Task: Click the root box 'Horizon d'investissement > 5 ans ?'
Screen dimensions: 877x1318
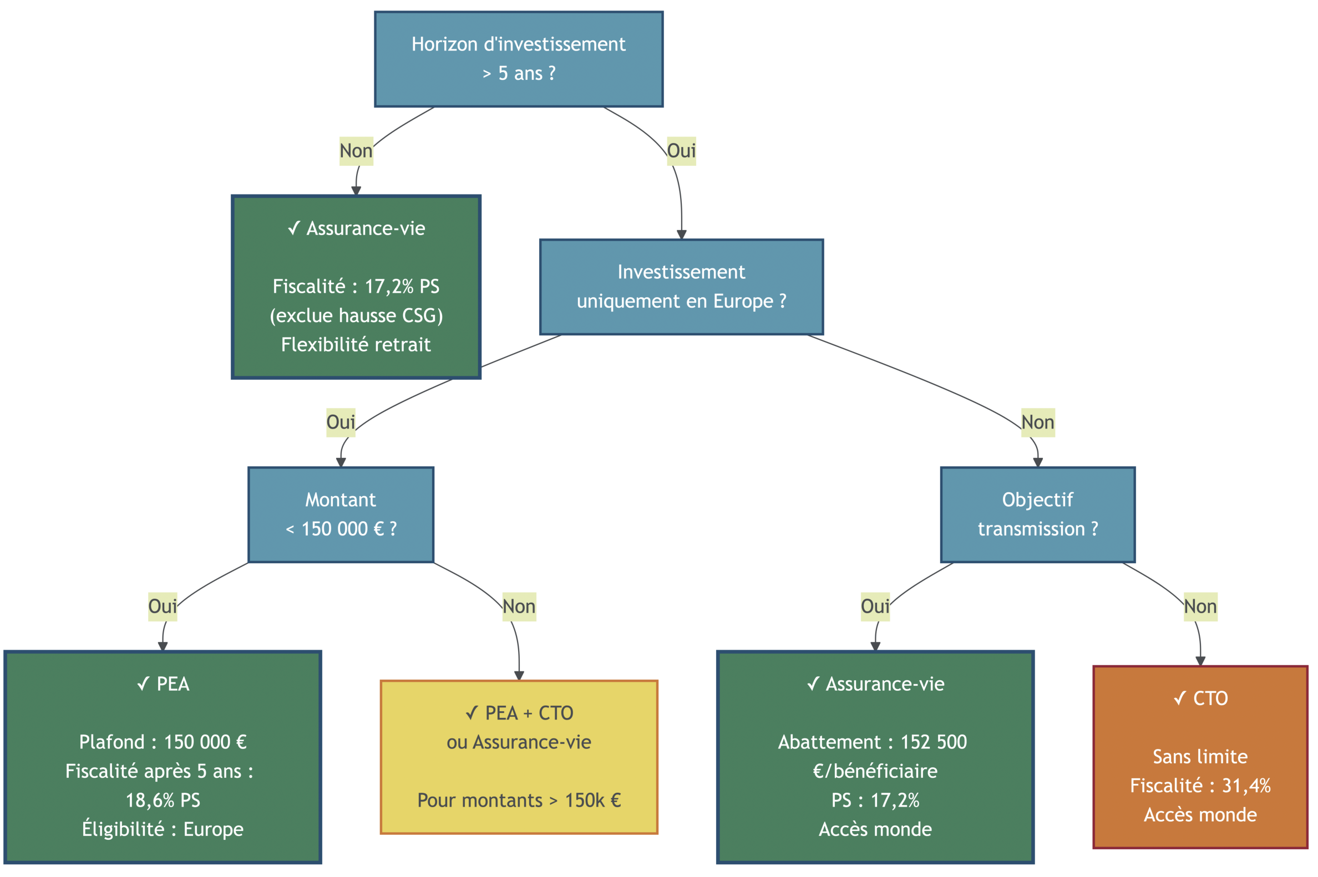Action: (518, 59)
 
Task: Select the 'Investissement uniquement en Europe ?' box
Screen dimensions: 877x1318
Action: (681, 287)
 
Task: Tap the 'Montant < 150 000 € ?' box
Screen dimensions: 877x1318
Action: (340, 514)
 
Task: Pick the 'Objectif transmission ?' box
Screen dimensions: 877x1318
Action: (1037, 514)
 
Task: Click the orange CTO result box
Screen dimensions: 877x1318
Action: (1199, 756)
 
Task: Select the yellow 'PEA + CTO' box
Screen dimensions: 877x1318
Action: (518, 756)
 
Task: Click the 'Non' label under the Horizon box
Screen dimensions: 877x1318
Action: (356, 150)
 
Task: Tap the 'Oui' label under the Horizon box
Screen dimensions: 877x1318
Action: (681, 150)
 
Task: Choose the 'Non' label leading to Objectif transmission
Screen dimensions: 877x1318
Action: (1037, 422)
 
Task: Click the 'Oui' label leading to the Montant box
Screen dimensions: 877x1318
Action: (340, 422)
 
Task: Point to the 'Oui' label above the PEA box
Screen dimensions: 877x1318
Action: (163, 606)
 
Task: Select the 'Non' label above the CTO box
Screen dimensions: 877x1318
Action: (1199, 606)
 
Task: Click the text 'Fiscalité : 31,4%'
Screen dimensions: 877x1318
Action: (1199, 786)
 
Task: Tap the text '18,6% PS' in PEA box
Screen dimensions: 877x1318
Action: (163, 800)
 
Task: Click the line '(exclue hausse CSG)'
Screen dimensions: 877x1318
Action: (356, 315)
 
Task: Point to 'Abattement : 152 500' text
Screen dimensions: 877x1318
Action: (872, 742)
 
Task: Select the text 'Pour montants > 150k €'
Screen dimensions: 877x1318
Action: (518, 800)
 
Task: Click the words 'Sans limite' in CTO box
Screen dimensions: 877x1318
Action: (1199, 756)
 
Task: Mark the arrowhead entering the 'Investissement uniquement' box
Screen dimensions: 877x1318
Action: (681, 235)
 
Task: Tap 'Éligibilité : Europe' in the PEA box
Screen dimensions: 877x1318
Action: (163, 829)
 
